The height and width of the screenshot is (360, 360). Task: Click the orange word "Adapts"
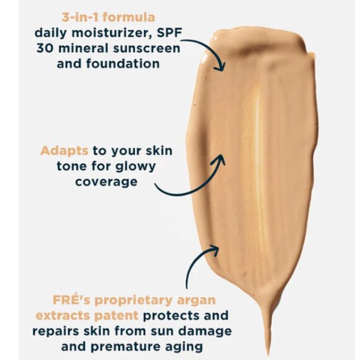tap(65, 150)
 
